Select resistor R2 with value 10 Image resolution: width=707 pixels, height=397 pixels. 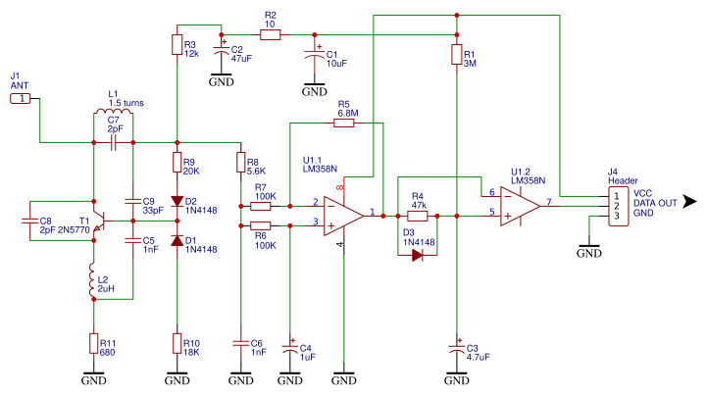[271, 34]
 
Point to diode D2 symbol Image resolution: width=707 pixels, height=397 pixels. [177, 202]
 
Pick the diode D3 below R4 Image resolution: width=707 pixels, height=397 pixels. [417, 255]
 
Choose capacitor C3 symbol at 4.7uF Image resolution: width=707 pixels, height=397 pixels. [456, 347]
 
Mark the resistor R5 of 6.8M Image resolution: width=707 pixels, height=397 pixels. [343, 124]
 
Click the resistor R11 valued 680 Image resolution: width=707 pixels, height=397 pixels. [93, 343]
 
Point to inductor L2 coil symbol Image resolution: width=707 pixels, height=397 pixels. [93, 280]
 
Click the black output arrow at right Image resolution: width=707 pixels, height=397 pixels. [690, 202]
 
